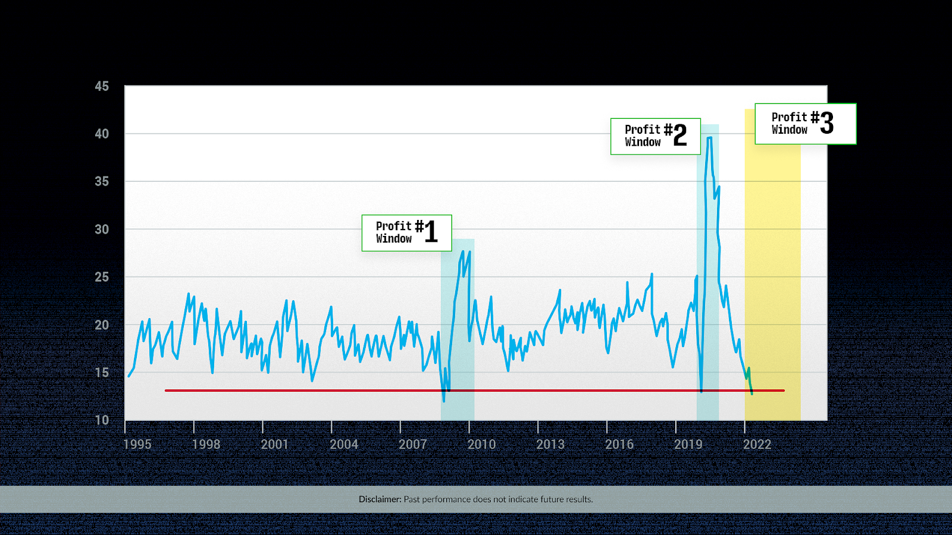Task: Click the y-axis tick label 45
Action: point(102,86)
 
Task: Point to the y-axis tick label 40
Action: point(102,134)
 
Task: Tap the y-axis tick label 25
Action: point(102,277)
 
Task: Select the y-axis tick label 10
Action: point(102,420)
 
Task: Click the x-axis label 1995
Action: point(137,444)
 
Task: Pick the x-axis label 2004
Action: point(344,444)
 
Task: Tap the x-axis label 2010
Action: point(481,444)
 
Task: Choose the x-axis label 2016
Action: point(619,444)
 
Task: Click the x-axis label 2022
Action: point(757,444)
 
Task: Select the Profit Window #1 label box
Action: point(406,233)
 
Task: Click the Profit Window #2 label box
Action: point(655,136)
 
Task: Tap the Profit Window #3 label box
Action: point(805,124)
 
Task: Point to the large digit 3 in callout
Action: point(826,123)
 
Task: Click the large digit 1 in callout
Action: point(431,232)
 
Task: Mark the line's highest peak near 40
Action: point(709,138)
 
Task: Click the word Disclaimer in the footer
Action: point(380,499)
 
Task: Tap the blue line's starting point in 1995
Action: point(129,376)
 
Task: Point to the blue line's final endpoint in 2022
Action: point(752,394)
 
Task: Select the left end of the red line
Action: point(166,391)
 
